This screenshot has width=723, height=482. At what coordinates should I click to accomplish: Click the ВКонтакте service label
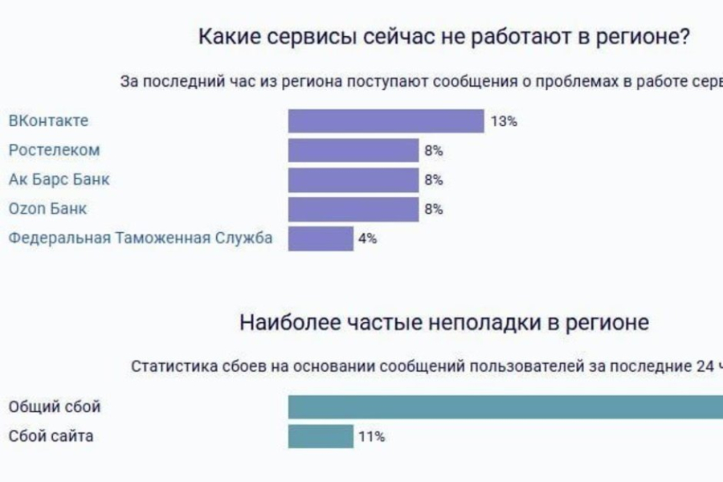(x=48, y=121)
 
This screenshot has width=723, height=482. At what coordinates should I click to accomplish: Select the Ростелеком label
(x=54, y=150)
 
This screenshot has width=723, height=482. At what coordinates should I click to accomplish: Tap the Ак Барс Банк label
(x=59, y=179)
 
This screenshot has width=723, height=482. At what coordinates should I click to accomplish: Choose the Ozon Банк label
(x=47, y=209)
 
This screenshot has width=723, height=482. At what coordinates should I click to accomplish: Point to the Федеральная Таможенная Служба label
(x=141, y=238)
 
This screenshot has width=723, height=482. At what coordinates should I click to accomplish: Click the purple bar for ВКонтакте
(x=386, y=121)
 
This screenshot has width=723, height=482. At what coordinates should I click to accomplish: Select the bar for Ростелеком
(x=353, y=150)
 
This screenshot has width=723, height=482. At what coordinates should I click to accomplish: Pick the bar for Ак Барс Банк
(x=353, y=180)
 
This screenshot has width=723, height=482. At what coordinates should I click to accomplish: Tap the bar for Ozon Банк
(x=353, y=209)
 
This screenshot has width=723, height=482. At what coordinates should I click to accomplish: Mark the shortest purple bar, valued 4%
(x=321, y=239)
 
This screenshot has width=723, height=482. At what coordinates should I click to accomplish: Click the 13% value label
(x=503, y=122)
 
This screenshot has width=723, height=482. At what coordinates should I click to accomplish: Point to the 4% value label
(x=367, y=239)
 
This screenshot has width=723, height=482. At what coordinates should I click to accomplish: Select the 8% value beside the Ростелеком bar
(x=434, y=151)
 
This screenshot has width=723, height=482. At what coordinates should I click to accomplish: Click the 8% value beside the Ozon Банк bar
(x=434, y=210)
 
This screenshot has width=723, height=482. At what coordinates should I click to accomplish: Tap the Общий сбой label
(x=55, y=406)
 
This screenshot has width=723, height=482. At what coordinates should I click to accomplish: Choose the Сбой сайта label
(x=51, y=436)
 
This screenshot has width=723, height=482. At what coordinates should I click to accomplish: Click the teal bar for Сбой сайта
(x=321, y=436)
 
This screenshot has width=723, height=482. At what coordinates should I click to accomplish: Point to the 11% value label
(x=372, y=437)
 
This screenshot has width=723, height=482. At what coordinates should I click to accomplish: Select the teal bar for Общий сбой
(x=506, y=406)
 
